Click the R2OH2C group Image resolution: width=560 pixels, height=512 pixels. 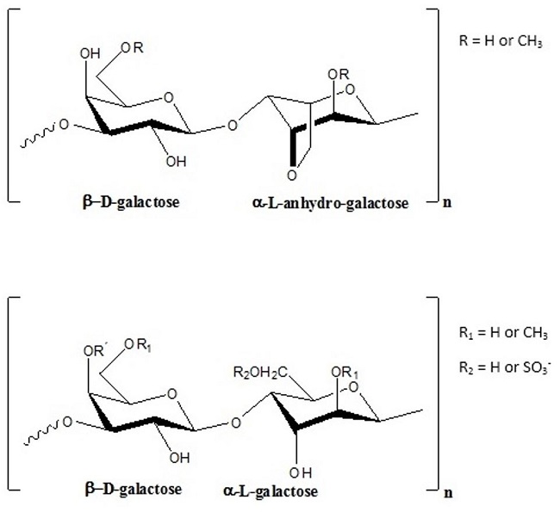[255, 372]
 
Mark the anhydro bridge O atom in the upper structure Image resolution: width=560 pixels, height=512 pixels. [292, 176]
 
